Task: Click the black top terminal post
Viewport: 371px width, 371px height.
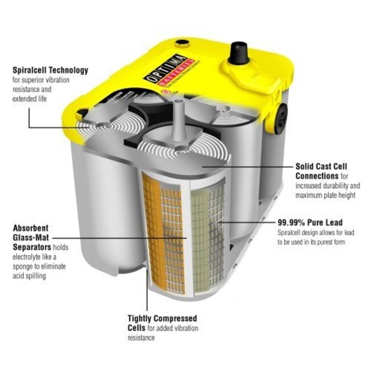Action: pyautogui.click(x=237, y=54)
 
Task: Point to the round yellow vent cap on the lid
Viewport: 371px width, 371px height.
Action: pyautogui.click(x=181, y=42)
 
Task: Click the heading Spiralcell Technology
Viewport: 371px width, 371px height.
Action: pyautogui.click(x=50, y=71)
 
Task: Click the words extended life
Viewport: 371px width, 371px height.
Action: pyautogui.click(x=31, y=99)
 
